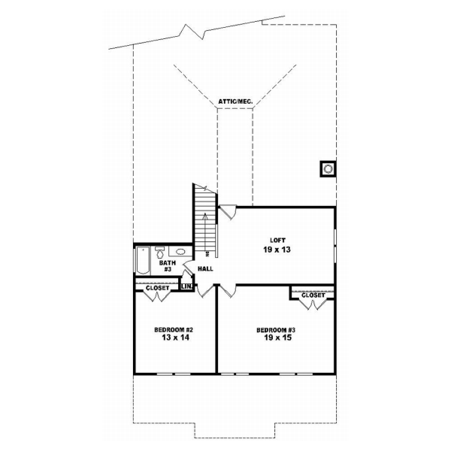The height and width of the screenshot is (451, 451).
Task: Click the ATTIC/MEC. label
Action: pyautogui.click(x=235, y=100)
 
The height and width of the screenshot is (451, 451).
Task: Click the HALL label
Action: pyautogui.click(x=205, y=268)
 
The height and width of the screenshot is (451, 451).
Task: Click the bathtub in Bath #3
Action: pyautogui.click(x=143, y=262)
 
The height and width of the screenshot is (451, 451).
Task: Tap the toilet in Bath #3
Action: pyautogui.click(x=159, y=253)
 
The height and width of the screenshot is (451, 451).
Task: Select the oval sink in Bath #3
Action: pyautogui.click(x=181, y=253)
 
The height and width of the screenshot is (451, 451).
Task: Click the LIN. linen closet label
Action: pyautogui.click(x=186, y=286)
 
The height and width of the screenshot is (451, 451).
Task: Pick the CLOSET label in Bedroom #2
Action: pyautogui.click(x=157, y=287)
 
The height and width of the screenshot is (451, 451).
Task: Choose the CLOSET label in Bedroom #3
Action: pyautogui.click(x=313, y=295)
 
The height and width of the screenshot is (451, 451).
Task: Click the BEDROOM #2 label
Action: pyautogui.click(x=174, y=331)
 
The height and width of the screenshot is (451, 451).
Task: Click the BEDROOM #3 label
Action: pyautogui.click(x=277, y=331)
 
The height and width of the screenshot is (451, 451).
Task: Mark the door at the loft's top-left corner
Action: pyautogui.click(x=228, y=212)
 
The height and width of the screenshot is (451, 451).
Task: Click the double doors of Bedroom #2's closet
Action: pyautogui.click(x=156, y=296)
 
